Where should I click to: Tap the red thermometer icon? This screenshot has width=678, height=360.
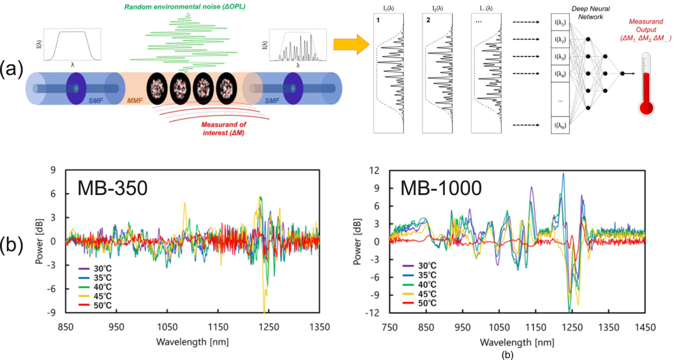tap(646, 85)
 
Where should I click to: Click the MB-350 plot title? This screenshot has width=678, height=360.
tap(112, 188)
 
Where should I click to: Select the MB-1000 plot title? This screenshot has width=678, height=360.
tap(441, 188)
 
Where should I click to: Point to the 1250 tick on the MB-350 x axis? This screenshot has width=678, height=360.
tap(269, 327)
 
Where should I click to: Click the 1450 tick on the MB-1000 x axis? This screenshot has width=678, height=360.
tap(645, 327)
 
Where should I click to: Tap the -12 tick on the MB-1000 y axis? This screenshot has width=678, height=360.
tap(374, 313)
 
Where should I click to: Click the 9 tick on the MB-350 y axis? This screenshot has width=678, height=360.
tap(53, 170)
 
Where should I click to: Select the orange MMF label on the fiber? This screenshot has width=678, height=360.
tap(135, 100)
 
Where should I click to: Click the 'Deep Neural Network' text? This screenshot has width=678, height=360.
tap(590, 13)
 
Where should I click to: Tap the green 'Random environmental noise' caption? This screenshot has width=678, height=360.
tap(185, 6)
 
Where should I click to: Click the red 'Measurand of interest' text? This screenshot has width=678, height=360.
tap(223, 128)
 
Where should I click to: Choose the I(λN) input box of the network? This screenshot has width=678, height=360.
tap(560, 126)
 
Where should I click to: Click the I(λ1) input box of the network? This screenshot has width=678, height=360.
tap(560, 22)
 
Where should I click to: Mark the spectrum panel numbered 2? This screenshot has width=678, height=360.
tap(437, 73)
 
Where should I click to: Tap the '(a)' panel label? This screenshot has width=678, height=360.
tap(11, 69)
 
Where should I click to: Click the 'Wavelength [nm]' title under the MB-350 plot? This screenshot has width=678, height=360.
tap(192, 342)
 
